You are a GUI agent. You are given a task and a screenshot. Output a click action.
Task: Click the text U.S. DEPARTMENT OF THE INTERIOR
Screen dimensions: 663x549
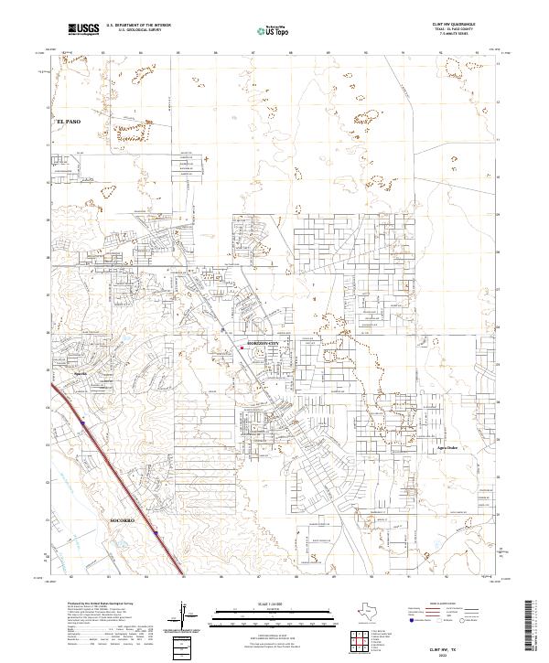tap(138, 27)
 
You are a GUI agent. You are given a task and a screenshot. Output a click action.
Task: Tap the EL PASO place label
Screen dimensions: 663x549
tap(70, 121)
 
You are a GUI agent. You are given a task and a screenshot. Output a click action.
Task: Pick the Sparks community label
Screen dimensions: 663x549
tap(80, 374)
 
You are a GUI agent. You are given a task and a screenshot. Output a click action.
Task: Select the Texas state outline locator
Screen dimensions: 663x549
tap(327, 613)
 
